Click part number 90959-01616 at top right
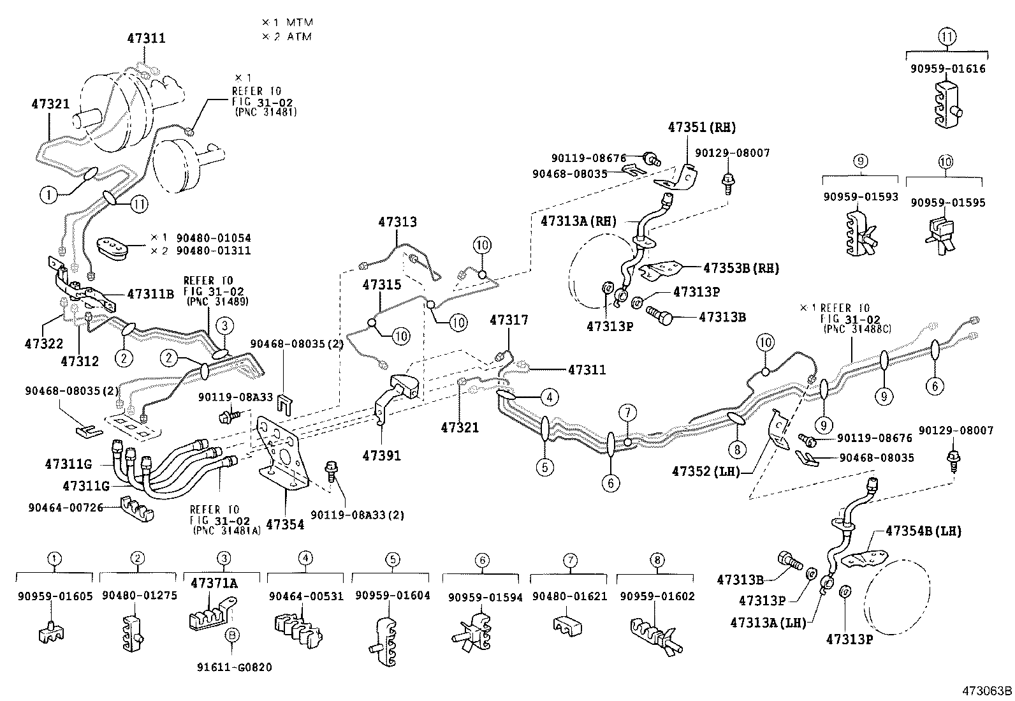point(947,68)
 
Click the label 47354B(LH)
point(923,531)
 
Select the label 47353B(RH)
point(741,268)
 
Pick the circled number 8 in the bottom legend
point(656,561)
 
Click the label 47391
point(381,455)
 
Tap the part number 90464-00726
point(65,507)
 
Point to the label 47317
point(509,320)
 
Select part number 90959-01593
point(860,197)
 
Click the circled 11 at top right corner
point(947,36)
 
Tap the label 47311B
point(150,294)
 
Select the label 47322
point(43,344)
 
